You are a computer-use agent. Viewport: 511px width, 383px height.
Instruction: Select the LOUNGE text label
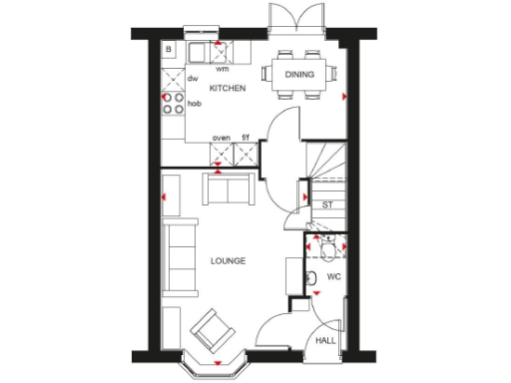[228, 260]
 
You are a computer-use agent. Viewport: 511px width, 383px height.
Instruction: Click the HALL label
[325, 341]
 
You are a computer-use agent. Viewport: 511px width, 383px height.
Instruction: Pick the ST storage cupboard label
[326, 204]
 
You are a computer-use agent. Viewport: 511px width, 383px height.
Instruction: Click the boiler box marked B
[169, 49]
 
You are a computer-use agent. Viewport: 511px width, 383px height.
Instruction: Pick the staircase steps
[326, 163]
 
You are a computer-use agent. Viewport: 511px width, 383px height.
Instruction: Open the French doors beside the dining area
[296, 20]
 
